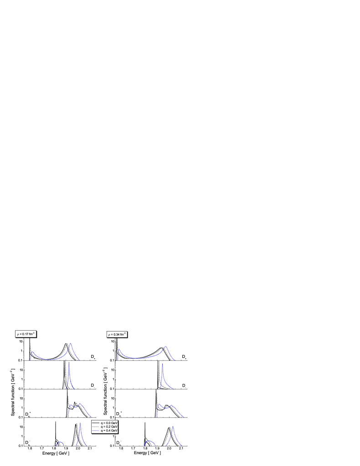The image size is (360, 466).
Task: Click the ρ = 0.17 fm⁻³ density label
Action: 26,334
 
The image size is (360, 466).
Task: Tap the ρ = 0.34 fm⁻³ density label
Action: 117,334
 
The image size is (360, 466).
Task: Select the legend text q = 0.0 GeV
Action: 109,423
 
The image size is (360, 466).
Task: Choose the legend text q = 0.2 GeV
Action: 109,426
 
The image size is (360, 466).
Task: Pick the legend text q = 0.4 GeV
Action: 109,430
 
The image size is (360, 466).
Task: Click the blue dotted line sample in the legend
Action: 96,430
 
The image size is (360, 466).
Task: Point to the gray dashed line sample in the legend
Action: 96,427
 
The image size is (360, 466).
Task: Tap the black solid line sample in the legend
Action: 96,423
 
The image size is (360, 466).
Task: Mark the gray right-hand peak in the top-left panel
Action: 67,344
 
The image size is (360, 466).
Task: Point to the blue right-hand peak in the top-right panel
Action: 166,348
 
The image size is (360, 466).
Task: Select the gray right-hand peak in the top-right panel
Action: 163,348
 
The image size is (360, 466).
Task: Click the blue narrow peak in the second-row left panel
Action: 68,363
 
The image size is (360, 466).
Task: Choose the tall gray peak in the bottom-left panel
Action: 76,424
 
